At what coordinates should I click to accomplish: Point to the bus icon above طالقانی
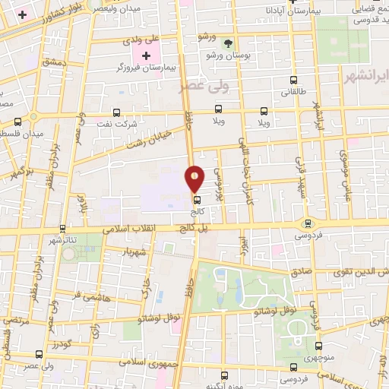pos(293,81)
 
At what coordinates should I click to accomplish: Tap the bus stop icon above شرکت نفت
pos(116,111)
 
